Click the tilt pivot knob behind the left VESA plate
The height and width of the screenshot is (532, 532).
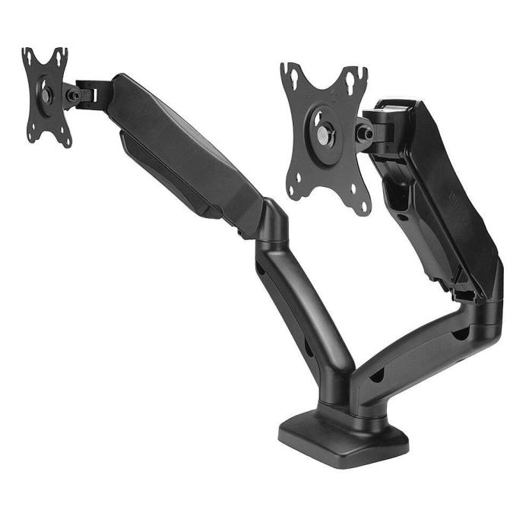click(x=73, y=95)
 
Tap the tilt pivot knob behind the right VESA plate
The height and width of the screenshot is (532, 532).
click(x=365, y=135)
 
